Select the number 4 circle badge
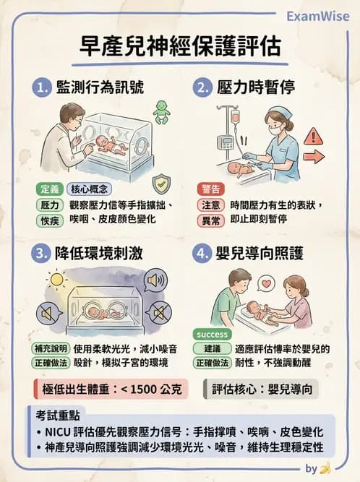[202, 255]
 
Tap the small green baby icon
[161, 111]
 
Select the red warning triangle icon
[313, 137]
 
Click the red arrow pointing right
[314, 156]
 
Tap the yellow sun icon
[55, 278]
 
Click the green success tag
[211, 335]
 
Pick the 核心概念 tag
[89, 189]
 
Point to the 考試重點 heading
[59, 417]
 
